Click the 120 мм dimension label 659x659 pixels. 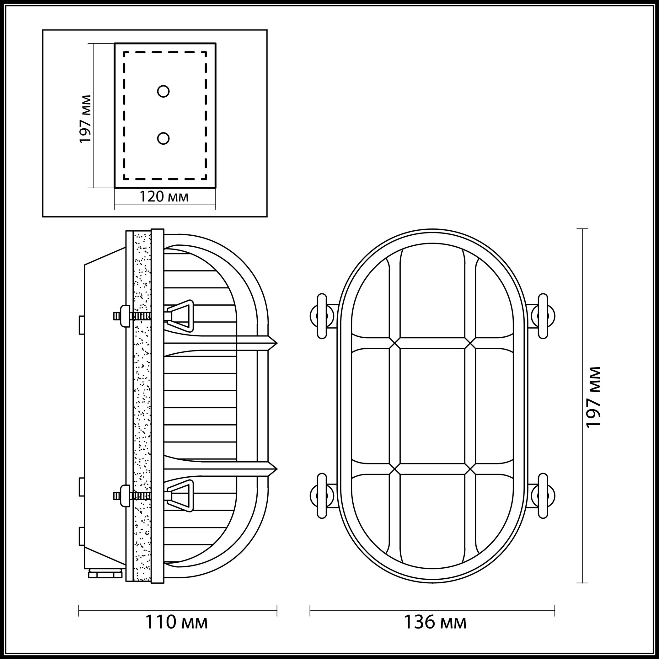click(164, 197)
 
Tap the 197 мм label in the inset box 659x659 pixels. click(86, 119)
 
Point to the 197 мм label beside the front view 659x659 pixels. click(593, 397)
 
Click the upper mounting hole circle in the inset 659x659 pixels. click(163, 91)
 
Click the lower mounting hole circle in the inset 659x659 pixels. click(163, 138)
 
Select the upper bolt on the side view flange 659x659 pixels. click(132, 316)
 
